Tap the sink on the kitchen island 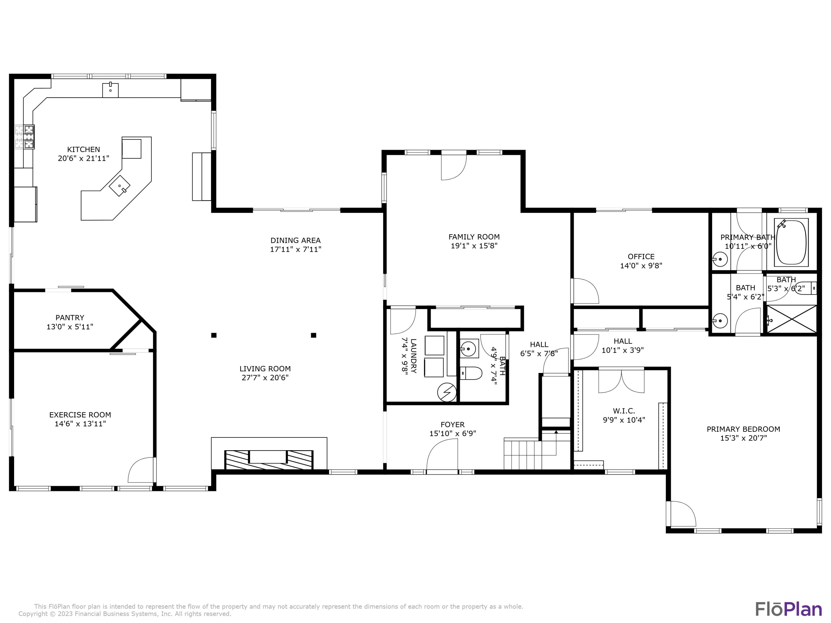pos(119,186)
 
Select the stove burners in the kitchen pos(29,137)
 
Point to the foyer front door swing pos(443,454)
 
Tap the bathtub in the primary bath pos(791,242)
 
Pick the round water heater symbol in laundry pos(447,392)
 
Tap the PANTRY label pos(70,318)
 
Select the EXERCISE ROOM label pos(80,415)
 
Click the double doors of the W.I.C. pos(621,381)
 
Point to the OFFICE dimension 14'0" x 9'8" pos(641,266)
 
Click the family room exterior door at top pos(453,166)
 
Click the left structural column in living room pos(214,335)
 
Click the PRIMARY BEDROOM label pos(743,429)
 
